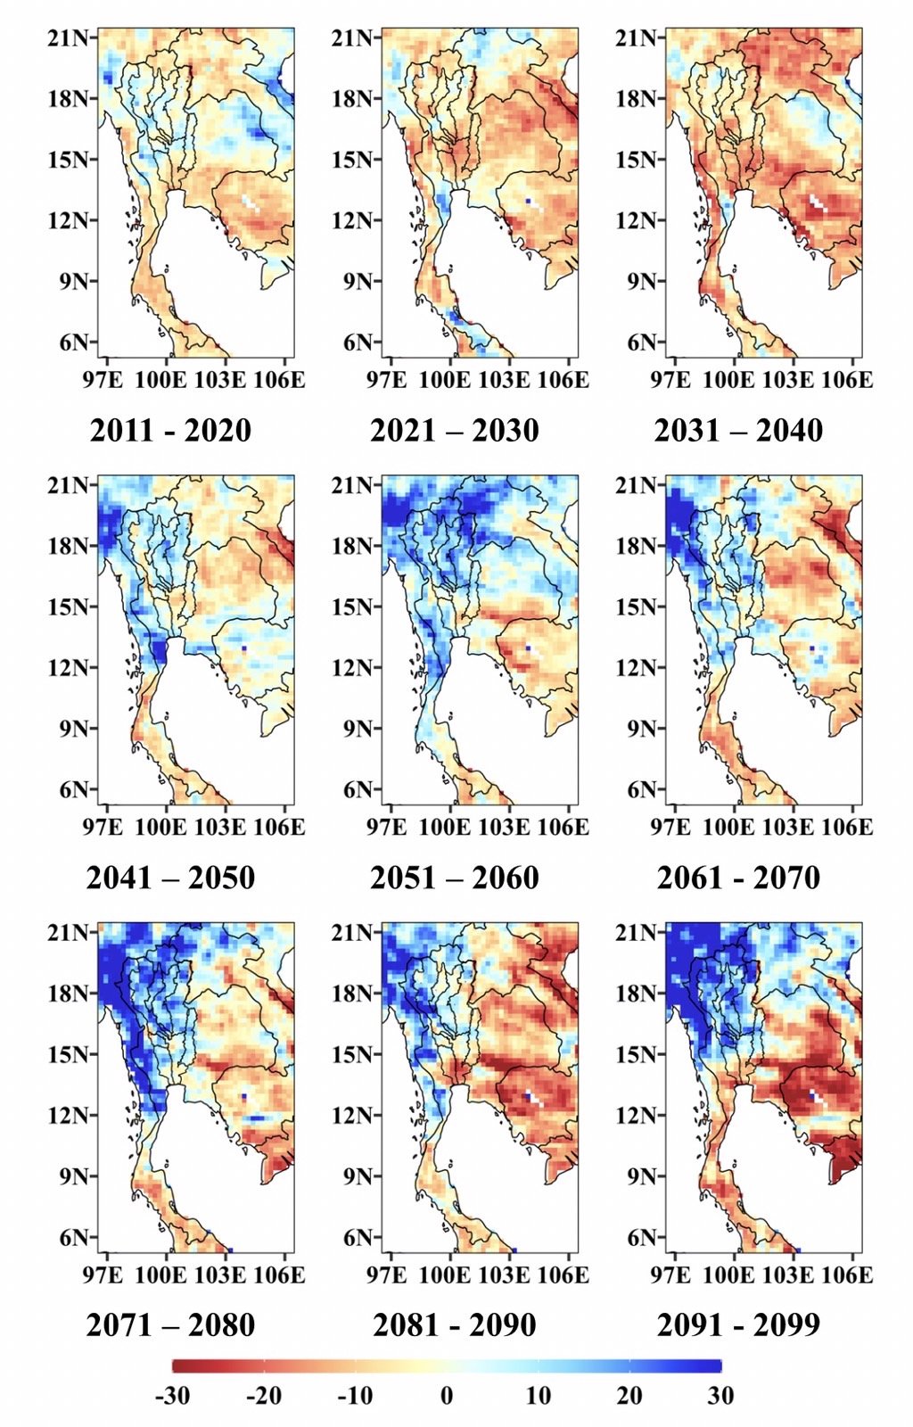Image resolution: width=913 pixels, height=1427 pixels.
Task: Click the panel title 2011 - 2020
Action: point(170,430)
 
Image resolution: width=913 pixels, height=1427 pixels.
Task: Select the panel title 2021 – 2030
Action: point(454,430)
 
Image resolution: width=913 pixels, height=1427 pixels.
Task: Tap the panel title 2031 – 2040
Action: point(738,430)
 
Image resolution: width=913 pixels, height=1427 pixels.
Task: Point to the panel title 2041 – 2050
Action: point(170,878)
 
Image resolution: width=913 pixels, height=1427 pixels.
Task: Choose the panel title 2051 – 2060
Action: point(454,878)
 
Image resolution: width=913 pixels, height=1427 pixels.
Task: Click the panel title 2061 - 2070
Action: point(738,878)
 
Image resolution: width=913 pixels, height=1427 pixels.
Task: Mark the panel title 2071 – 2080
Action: point(170,1324)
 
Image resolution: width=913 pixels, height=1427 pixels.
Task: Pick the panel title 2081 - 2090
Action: point(454,1324)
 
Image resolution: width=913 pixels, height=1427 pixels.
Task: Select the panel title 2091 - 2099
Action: point(738,1324)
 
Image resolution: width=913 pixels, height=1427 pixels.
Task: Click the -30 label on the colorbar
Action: point(173,1396)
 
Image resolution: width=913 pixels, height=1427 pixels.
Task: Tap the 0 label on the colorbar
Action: point(447,1396)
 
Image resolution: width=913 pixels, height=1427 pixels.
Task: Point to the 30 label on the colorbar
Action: point(720,1396)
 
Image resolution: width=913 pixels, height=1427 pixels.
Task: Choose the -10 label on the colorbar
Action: point(355,1396)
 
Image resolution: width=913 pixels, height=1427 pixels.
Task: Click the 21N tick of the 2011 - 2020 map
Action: point(70,38)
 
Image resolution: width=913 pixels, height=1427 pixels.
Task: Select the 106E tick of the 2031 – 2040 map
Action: point(846,380)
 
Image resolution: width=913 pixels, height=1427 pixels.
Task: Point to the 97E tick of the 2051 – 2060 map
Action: point(386,828)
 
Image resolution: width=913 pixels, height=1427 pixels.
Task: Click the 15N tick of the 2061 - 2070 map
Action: point(637,607)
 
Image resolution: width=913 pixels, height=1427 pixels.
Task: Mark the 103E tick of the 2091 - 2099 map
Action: point(788,1274)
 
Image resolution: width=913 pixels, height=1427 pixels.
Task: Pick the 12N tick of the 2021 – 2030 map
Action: point(354,220)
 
